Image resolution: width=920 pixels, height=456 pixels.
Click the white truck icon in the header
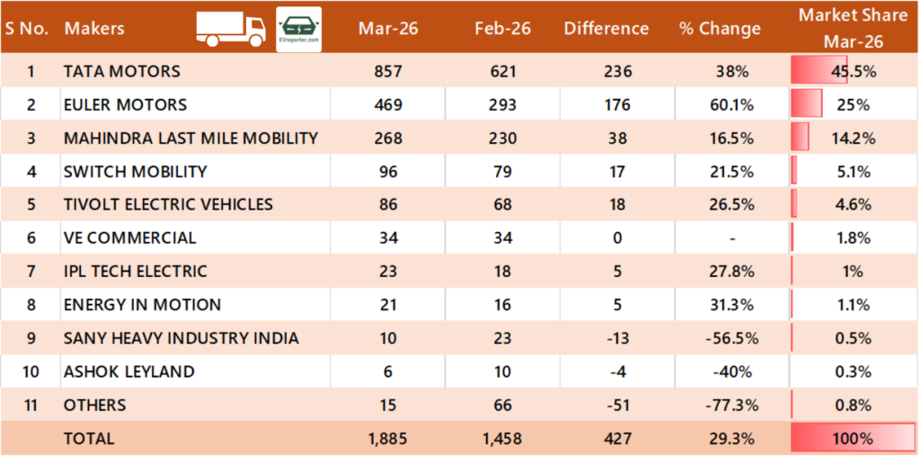point(231,29)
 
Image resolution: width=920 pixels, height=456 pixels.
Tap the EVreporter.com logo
point(299,29)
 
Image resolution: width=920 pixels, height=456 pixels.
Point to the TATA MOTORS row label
point(121,71)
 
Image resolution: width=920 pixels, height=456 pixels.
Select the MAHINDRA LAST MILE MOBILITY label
point(190,138)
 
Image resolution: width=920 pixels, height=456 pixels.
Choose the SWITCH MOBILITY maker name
point(135,171)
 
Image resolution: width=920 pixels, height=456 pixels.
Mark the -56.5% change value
point(731,338)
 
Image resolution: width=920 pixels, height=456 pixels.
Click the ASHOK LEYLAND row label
point(128,371)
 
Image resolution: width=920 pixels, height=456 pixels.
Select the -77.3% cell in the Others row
point(731,405)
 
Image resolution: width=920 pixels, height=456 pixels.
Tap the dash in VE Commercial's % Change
point(733,238)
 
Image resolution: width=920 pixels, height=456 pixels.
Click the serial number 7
point(31,271)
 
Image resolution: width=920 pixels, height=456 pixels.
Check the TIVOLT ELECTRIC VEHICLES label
point(168,204)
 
